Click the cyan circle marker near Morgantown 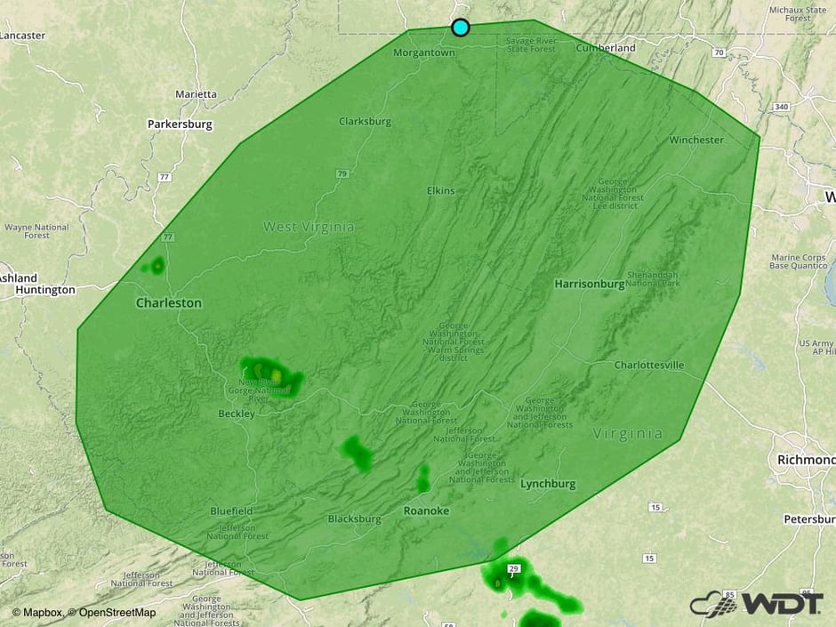(x=460, y=28)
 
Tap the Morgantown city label (x=423, y=52)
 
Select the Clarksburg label (x=365, y=121)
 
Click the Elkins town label (x=440, y=190)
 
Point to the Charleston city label (x=168, y=303)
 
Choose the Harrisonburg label (x=589, y=284)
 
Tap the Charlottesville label (x=649, y=366)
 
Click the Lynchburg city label (x=548, y=484)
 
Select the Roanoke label (x=426, y=510)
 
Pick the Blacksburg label (x=354, y=518)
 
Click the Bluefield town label (x=231, y=511)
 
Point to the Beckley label (x=237, y=414)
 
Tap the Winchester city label (x=696, y=140)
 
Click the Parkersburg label (x=180, y=125)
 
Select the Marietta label (x=196, y=93)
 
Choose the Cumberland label (x=606, y=48)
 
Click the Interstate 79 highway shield (x=342, y=173)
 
